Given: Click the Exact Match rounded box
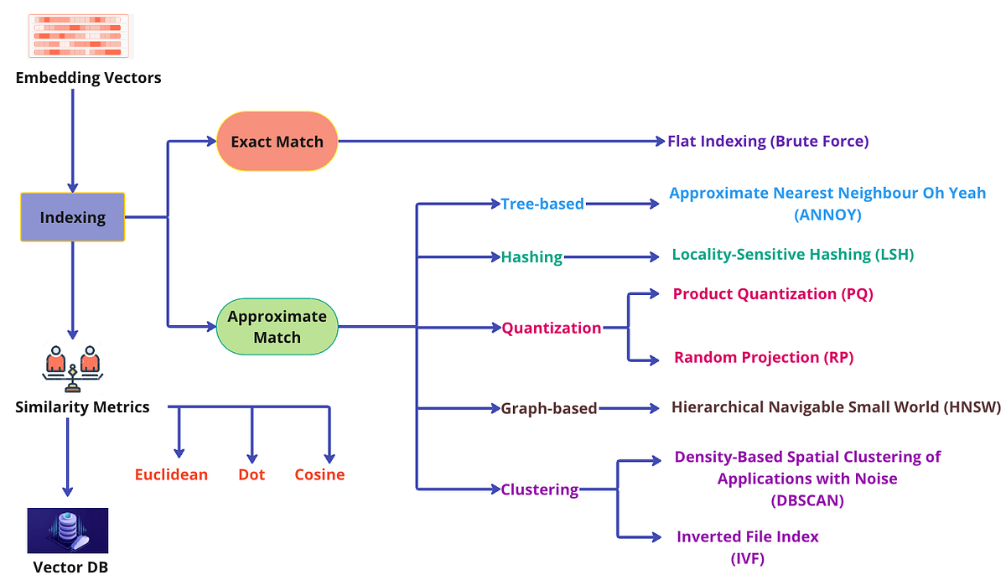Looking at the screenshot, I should (x=277, y=142).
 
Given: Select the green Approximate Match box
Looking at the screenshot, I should (x=277, y=327).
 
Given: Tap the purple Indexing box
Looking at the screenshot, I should (x=73, y=217).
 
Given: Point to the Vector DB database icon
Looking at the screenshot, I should (x=68, y=530).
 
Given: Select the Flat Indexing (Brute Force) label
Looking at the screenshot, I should (x=768, y=141).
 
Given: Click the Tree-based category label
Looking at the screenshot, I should (x=542, y=204).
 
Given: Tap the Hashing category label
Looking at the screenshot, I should (x=532, y=256).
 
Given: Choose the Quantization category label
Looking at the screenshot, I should (x=551, y=328).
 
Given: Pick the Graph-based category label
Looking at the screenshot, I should (x=548, y=408).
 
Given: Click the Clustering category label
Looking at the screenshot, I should (x=539, y=489).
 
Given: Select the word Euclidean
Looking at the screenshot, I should (x=171, y=474).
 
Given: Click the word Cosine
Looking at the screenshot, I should (x=319, y=474).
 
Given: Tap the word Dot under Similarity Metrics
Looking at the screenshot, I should (x=251, y=474).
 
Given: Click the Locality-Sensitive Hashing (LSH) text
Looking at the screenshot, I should (x=792, y=254).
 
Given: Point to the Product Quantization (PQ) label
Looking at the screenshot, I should (x=773, y=293).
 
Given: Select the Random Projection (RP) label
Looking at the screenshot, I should (x=763, y=357).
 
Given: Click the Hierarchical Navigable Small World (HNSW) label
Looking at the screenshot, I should (x=836, y=407).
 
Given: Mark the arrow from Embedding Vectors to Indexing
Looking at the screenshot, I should (x=72, y=138).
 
